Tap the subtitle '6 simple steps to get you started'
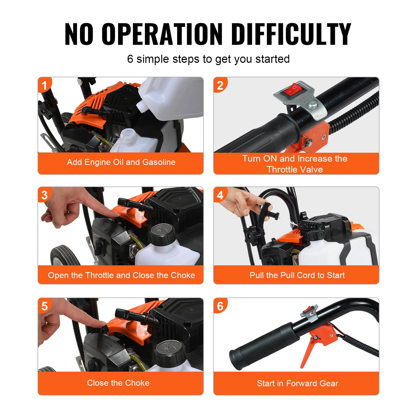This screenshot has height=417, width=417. (208, 59)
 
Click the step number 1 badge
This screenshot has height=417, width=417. (44, 85)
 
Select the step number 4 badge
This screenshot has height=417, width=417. (220, 195)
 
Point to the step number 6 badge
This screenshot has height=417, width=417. (220, 306)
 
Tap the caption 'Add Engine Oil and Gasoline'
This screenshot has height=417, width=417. (121, 162)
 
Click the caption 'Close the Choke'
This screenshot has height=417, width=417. (118, 383)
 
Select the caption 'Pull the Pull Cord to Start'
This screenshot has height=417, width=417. (297, 275)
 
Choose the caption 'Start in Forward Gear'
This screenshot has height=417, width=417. (297, 383)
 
